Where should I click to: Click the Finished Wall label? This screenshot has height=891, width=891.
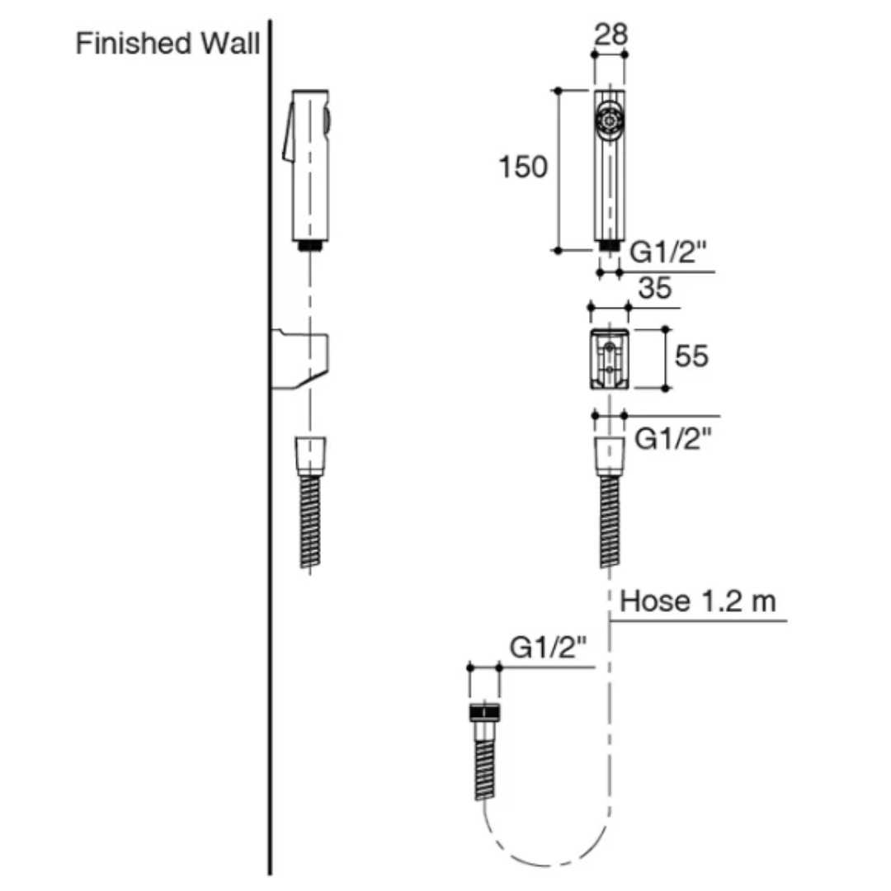point(167,44)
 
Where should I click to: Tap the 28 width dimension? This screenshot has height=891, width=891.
point(610,35)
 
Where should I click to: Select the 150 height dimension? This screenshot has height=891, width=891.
point(522,167)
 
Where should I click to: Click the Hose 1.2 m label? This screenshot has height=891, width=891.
point(698,601)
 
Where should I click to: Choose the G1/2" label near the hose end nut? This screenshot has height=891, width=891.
point(548,648)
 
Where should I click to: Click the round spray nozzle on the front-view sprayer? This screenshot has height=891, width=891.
point(609,120)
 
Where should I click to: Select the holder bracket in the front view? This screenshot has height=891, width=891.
point(609,357)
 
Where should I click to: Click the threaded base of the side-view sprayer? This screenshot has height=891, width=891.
point(310,245)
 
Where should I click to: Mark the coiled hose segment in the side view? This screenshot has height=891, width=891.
point(310,520)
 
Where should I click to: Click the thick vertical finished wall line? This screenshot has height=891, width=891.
point(270,495)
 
